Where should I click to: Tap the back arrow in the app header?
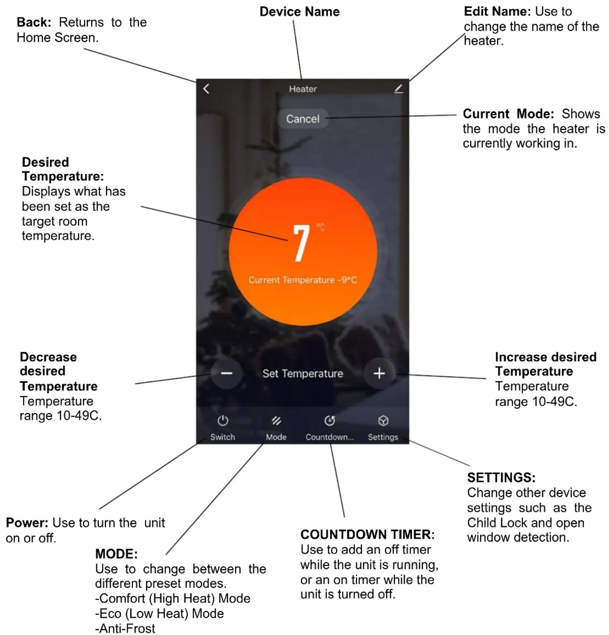[x=206, y=89]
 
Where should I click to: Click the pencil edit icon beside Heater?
[x=398, y=89]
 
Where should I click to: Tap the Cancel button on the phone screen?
[x=303, y=119]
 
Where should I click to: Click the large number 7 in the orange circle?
[x=301, y=243]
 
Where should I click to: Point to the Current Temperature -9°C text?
[x=303, y=280]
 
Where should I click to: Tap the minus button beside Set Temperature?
[x=226, y=373]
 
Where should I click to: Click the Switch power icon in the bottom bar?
[x=223, y=421]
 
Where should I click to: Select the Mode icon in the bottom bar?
[x=276, y=421]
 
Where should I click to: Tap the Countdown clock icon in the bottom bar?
[x=329, y=421]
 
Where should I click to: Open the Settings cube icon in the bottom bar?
[x=383, y=421]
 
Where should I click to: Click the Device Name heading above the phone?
[x=299, y=12]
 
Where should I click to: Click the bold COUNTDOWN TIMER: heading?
[x=367, y=534]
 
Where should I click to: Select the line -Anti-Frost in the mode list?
[x=125, y=628]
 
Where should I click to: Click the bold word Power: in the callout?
[x=27, y=523]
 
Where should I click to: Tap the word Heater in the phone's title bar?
[x=303, y=89]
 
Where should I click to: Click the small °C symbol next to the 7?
[x=320, y=227]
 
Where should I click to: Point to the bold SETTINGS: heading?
[x=501, y=477]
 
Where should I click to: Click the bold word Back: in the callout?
[x=34, y=22]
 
